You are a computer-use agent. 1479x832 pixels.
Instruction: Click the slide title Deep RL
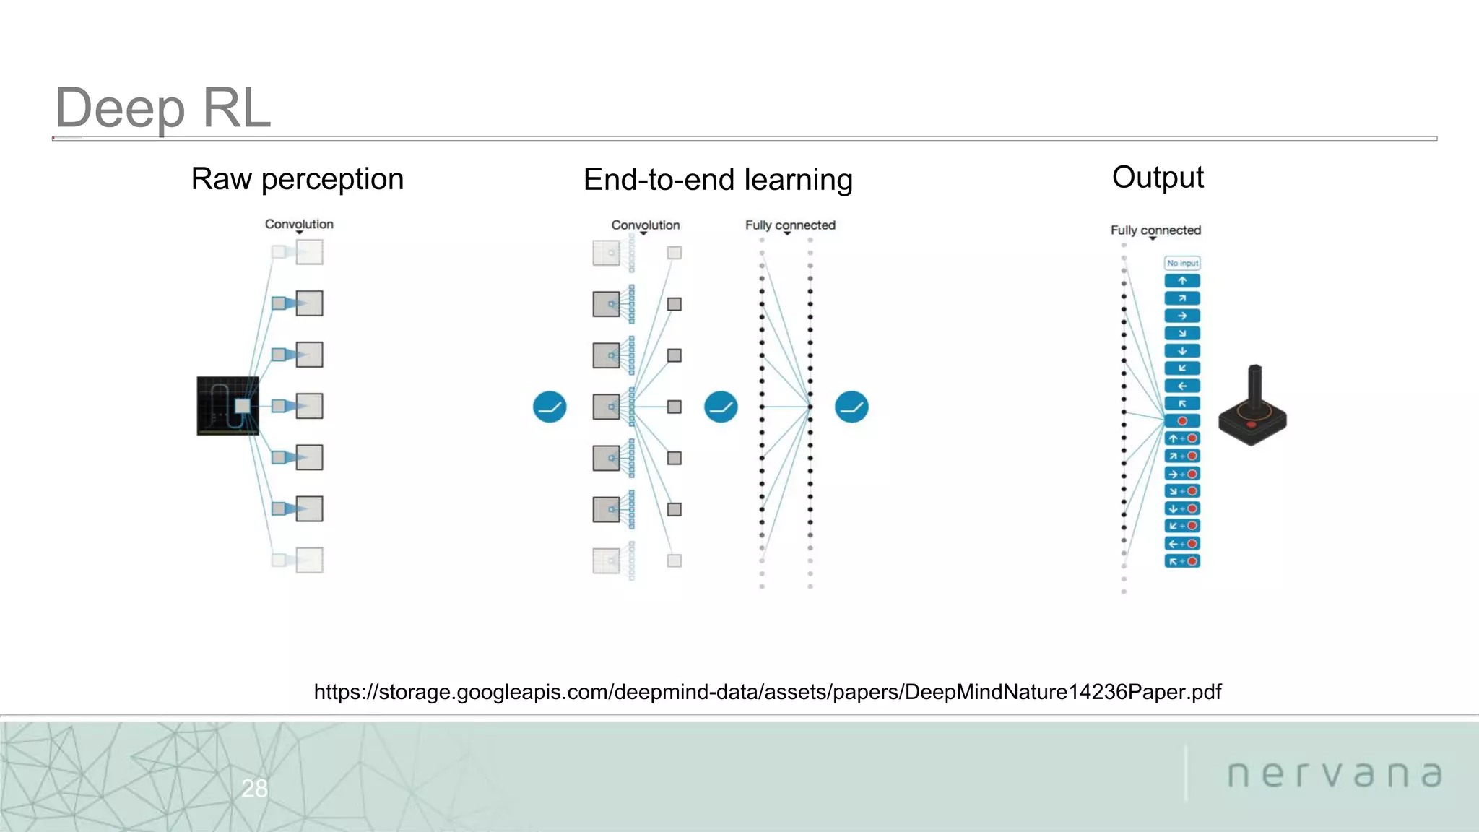click(162, 108)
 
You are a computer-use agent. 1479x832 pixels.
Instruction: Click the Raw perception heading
click(297, 179)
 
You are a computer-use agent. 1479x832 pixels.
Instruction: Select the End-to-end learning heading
click(718, 180)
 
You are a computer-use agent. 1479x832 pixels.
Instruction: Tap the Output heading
click(1158, 178)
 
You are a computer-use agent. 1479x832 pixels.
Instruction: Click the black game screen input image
click(227, 406)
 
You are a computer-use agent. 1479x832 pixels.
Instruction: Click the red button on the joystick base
click(1251, 425)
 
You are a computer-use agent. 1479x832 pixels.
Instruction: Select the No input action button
click(1182, 263)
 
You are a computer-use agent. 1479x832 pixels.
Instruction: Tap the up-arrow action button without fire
click(1182, 281)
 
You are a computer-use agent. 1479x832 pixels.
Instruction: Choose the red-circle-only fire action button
click(1182, 421)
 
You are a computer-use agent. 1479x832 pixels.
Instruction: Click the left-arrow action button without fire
click(1182, 386)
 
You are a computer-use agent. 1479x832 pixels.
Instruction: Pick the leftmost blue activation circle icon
click(550, 407)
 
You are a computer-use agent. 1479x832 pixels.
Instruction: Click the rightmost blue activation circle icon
click(851, 407)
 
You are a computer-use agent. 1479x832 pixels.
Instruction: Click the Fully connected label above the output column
click(1155, 230)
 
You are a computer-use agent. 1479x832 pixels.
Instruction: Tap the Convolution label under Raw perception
click(299, 224)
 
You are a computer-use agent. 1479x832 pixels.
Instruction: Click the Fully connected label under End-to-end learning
click(790, 225)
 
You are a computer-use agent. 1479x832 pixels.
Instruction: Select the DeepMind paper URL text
click(767, 692)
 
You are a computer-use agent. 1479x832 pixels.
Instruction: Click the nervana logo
click(1335, 774)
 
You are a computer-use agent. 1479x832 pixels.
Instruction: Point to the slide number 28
click(254, 788)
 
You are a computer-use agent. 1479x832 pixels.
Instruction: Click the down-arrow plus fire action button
click(1182, 508)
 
